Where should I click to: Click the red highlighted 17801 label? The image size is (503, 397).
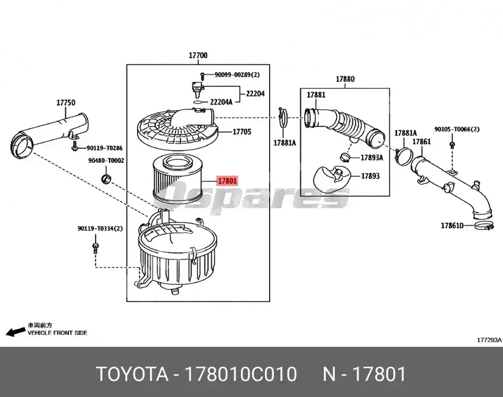[227, 181]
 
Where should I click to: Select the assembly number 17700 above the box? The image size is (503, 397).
[198, 55]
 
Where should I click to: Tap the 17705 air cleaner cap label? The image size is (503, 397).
[241, 132]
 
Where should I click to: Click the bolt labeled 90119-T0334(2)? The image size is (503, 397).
[96, 246]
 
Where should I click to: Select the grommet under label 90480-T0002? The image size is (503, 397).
[107, 179]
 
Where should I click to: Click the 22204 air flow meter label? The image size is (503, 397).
[255, 94]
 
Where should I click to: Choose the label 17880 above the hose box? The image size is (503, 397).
[345, 79]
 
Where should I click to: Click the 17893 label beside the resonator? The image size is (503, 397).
[370, 176]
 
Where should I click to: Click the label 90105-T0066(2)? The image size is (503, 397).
[456, 129]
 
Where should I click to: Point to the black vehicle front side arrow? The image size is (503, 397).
[16, 331]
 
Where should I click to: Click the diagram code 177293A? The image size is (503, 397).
[489, 340]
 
